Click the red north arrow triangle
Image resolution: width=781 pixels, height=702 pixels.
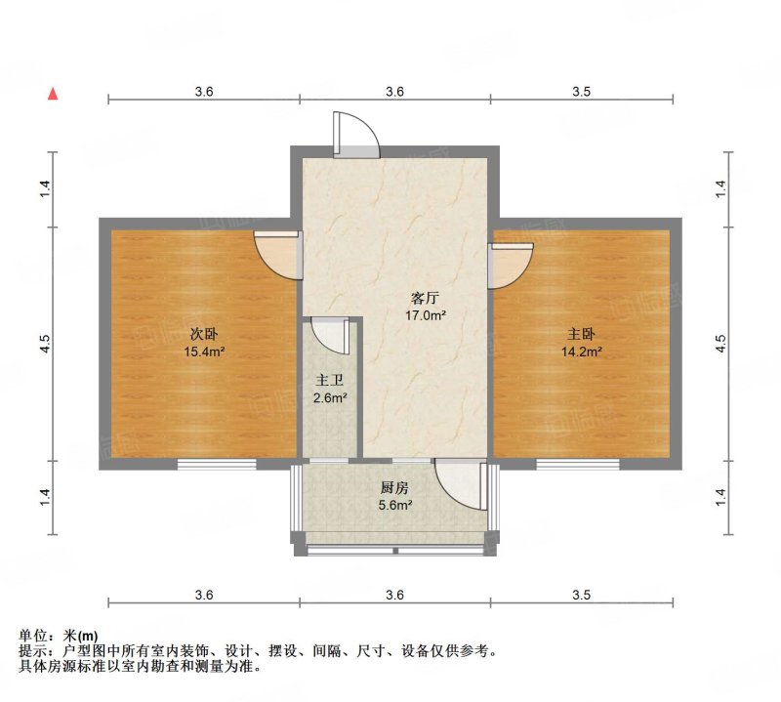click(x=53, y=94)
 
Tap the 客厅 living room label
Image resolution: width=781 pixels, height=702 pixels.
click(x=425, y=299)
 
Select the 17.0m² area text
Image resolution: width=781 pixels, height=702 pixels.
click(x=425, y=315)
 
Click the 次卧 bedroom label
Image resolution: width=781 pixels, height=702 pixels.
click(x=204, y=334)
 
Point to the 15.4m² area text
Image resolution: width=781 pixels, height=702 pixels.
click(x=204, y=351)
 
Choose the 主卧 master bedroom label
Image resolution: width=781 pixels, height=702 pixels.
click(x=581, y=334)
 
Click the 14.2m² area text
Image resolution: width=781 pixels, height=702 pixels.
click(x=581, y=351)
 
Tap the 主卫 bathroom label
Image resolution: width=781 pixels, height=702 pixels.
click(x=330, y=381)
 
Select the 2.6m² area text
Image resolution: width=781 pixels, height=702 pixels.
click(x=330, y=398)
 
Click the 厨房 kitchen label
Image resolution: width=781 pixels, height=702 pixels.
click(x=394, y=488)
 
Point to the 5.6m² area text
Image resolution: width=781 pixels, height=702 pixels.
click(x=394, y=505)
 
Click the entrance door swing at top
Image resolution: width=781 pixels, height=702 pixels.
click(x=356, y=135)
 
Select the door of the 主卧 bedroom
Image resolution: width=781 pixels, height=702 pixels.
click(x=510, y=265)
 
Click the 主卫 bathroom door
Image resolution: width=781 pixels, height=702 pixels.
click(x=330, y=336)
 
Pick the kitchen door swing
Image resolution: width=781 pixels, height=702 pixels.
click(x=461, y=483)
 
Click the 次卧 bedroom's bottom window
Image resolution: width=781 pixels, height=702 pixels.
click(x=217, y=464)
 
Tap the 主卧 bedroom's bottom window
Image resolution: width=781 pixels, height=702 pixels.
click(x=578, y=464)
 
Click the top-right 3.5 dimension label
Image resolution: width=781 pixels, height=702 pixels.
click(x=581, y=92)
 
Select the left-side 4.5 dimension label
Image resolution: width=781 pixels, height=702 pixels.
click(x=45, y=345)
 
